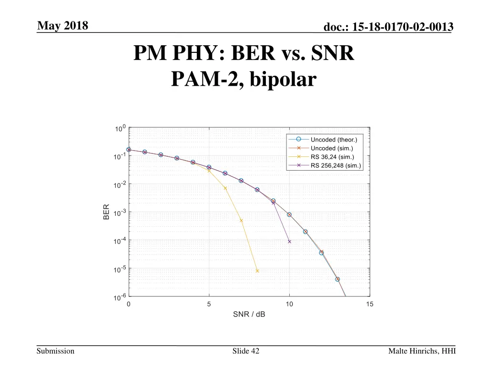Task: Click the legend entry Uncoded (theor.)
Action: point(333,140)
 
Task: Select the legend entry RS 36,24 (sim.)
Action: point(332,157)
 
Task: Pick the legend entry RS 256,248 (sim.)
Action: point(335,166)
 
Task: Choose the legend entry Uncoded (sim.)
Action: point(332,148)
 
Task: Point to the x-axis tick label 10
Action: point(289,305)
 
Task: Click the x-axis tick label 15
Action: point(369,305)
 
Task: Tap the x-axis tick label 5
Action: point(209,305)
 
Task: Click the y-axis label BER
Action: point(106,212)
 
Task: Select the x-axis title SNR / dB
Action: point(249,315)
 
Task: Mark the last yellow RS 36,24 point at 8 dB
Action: point(257,271)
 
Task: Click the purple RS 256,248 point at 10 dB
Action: point(289,242)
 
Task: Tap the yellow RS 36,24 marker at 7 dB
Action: point(241,221)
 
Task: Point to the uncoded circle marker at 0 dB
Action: point(129,150)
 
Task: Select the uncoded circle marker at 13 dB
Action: point(337,279)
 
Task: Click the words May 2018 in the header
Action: point(62,26)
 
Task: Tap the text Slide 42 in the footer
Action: point(246,351)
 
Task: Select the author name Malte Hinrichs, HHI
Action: point(422,351)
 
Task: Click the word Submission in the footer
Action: point(56,351)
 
